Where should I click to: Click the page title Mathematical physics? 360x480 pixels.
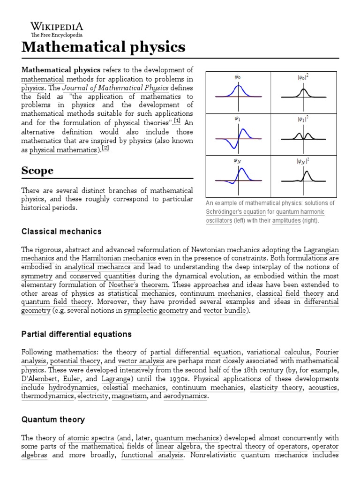point(103,47)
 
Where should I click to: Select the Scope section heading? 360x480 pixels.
point(37,171)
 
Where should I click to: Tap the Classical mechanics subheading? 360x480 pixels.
point(61,232)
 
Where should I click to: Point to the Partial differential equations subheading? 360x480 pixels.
point(76,334)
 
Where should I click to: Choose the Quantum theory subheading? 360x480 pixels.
point(53,420)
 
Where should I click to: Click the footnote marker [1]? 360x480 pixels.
point(177,121)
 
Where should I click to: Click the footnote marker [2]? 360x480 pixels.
point(105,148)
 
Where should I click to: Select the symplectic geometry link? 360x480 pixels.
point(149,311)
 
